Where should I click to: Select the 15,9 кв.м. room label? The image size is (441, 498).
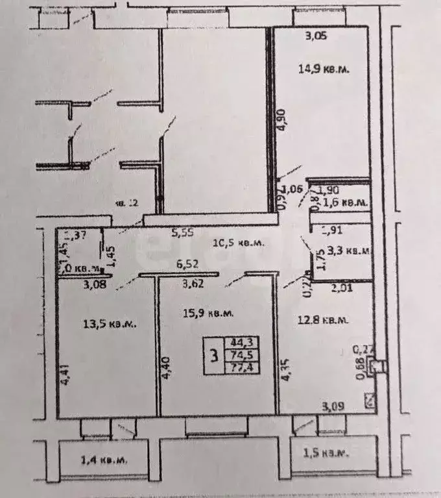tap(206, 314)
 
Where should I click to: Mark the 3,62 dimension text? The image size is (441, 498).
tap(193, 283)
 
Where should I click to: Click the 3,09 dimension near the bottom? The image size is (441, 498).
tap(333, 407)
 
